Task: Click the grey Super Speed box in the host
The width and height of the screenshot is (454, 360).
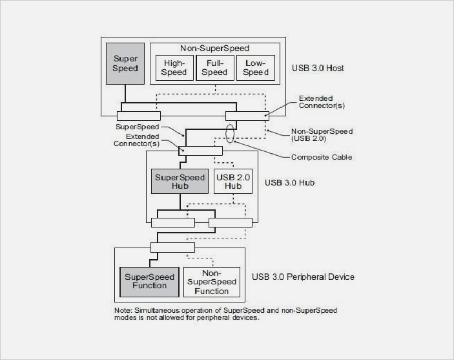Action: pyautogui.click(x=126, y=63)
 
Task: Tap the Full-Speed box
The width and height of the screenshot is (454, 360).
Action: pyautogui.click(x=214, y=67)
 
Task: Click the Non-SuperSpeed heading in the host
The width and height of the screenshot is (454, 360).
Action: pyautogui.click(x=215, y=48)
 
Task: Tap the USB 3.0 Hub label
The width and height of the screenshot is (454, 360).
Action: pyautogui.click(x=290, y=182)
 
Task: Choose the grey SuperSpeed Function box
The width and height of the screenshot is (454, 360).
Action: pyautogui.click(x=145, y=281)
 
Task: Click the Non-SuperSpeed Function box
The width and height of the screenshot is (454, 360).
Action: pyautogui.click(x=212, y=282)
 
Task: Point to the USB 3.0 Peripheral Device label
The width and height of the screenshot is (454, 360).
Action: pyautogui.click(x=304, y=277)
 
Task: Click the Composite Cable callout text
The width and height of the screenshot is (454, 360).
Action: pyautogui.click(x=322, y=156)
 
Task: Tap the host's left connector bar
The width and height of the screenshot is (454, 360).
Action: pyautogui.click(x=138, y=116)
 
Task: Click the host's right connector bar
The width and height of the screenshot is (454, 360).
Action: pyautogui.click(x=246, y=116)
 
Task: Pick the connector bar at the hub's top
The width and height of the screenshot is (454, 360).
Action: pyautogui.click(x=200, y=151)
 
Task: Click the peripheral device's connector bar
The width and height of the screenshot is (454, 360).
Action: pyautogui.click(x=172, y=247)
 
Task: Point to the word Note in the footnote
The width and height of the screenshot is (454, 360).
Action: pyautogui.click(x=123, y=311)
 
